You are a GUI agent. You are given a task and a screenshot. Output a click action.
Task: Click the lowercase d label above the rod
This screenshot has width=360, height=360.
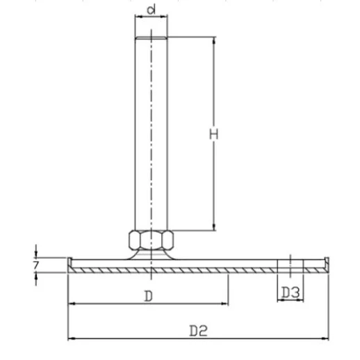[x=151, y=10]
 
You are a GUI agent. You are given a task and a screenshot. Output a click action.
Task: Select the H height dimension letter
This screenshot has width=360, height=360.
[x=215, y=134]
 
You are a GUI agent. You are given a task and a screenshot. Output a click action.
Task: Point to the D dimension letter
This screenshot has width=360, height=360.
[x=147, y=295]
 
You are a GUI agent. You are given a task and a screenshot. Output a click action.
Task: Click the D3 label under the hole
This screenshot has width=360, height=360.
[x=291, y=293]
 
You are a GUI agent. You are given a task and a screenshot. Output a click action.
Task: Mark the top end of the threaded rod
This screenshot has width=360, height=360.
[x=151, y=38]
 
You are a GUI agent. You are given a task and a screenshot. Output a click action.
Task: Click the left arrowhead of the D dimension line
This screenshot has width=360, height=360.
[x=72, y=304]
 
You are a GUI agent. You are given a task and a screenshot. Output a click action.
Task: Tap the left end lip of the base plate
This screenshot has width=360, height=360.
[x=70, y=262]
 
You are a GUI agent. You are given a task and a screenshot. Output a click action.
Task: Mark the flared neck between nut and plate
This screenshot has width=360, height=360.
[x=151, y=256]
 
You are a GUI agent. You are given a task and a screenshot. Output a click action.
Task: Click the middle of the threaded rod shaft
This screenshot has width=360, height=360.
[x=151, y=132]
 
